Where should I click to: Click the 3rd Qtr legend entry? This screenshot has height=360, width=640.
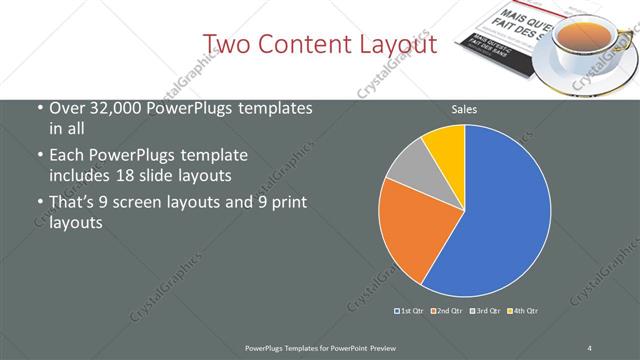pyautogui.click(x=486, y=311)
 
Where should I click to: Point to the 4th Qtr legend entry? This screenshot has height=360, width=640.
pyautogui.click(x=523, y=311)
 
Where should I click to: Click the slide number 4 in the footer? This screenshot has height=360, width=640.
pyautogui.click(x=590, y=347)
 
